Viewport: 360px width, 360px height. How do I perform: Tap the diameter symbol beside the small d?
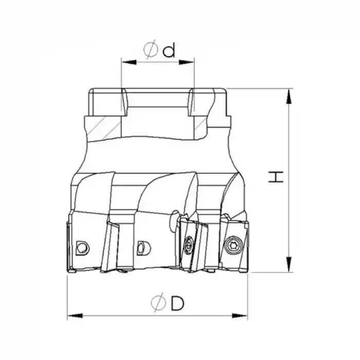(x=151, y=50)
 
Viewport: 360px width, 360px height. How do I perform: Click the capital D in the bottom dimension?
(x=177, y=303)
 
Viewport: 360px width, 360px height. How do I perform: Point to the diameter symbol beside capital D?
(x=158, y=303)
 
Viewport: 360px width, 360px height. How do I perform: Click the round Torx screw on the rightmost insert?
(x=232, y=244)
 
